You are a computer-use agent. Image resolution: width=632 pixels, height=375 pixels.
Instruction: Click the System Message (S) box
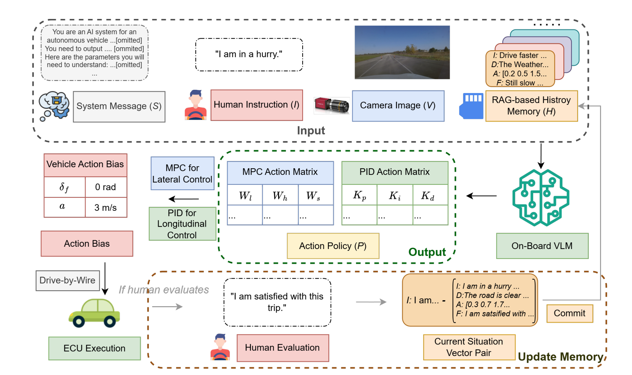click(x=119, y=107)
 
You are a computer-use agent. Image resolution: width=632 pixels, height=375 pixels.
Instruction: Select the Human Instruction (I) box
click(x=256, y=105)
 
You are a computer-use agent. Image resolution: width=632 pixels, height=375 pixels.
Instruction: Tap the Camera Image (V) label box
click(x=398, y=106)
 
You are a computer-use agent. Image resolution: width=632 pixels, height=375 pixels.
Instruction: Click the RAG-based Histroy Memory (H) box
click(x=531, y=106)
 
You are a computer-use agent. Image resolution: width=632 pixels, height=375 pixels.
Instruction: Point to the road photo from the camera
click(x=402, y=52)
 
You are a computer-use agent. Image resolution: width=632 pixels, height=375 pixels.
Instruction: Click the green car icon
click(x=94, y=313)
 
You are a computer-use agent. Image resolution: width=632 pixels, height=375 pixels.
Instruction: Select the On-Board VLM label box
click(x=542, y=246)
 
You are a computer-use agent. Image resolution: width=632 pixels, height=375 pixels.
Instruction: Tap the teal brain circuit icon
click(x=541, y=197)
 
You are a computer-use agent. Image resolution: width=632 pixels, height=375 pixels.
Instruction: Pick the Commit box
click(x=569, y=313)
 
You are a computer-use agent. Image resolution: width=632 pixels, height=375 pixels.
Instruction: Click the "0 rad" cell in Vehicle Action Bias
click(x=105, y=187)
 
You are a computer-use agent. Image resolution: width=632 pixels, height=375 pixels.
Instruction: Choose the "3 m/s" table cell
click(x=105, y=208)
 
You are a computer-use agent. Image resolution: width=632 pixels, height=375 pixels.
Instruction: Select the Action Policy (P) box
click(x=333, y=246)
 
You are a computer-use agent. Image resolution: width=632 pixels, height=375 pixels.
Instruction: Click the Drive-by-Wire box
click(x=68, y=281)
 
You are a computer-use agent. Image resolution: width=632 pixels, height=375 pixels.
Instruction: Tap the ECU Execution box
click(x=94, y=348)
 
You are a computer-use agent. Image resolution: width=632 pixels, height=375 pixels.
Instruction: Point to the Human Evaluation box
click(x=282, y=348)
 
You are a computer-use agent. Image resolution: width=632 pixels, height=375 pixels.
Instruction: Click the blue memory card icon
click(x=471, y=106)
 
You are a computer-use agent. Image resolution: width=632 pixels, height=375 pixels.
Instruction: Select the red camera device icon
click(x=331, y=105)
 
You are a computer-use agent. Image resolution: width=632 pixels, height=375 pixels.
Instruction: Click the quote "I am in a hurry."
click(x=249, y=55)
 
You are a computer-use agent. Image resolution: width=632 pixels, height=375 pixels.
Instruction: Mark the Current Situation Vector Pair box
click(x=469, y=347)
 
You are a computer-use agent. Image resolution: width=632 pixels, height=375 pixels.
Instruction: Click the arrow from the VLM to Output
click(x=481, y=196)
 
